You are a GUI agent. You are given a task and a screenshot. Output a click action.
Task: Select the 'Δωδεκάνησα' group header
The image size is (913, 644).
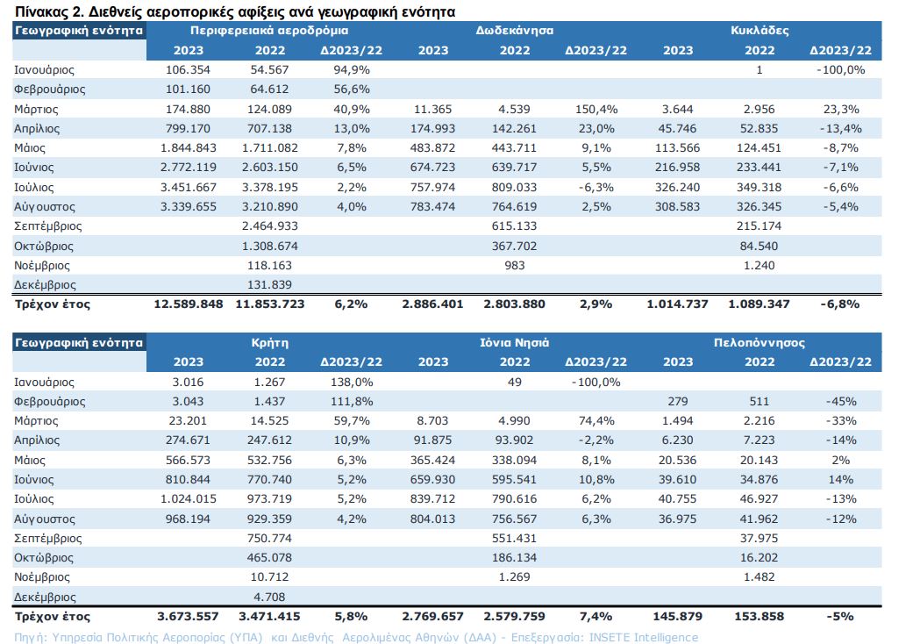tap(514, 31)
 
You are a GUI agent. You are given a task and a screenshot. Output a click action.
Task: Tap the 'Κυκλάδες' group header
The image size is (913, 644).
tap(760, 31)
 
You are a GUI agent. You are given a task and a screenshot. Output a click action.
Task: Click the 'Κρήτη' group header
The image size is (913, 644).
tap(269, 343)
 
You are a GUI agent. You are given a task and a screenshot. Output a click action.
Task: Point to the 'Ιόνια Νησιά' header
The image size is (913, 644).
tap(514, 342)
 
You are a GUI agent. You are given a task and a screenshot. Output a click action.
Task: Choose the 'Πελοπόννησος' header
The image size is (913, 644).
tap(760, 343)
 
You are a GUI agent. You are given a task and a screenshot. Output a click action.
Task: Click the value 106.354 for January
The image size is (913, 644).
tap(188, 70)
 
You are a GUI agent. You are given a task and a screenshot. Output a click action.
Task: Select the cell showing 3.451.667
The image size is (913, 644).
tap(188, 188)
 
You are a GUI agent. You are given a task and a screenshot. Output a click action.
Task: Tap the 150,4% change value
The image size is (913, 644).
tap(596, 110)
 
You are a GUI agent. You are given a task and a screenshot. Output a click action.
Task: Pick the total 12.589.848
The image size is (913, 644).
tap(188, 304)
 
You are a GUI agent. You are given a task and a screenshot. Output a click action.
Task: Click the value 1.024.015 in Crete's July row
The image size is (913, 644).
tap(188, 499)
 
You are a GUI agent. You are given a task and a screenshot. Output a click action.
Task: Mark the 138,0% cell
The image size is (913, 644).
tap(351, 383)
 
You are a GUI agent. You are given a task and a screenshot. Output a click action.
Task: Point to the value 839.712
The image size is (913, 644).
tap(432, 499)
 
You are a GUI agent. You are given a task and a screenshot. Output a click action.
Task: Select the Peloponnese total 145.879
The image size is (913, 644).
tap(678, 616)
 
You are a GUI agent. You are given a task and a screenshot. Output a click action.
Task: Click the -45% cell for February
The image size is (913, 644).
tap(841, 402)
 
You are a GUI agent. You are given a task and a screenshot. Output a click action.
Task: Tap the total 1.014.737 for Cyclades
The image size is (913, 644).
tap(678, 304)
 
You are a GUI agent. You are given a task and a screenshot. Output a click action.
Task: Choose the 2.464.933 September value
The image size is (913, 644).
tap(269, 225)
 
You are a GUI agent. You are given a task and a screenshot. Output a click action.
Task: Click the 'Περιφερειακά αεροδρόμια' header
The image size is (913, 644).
tap(269, 31)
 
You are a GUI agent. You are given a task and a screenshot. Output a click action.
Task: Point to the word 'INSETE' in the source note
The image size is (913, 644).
tap(609, 638)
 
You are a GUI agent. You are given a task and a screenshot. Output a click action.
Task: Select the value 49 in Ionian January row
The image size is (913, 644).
tap(514, 383)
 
